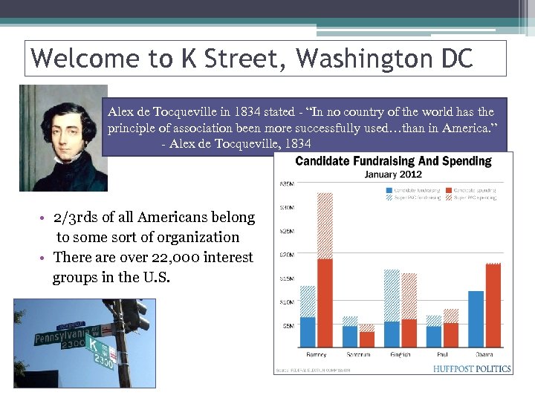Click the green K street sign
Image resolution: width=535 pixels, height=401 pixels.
coord(94,345)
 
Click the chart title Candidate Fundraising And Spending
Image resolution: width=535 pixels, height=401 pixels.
coord(393,161)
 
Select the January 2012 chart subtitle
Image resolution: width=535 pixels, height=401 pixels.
coord(392,175)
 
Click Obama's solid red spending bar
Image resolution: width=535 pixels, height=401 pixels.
coord(493,305)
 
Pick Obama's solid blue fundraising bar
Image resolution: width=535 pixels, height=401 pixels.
coord(476,319)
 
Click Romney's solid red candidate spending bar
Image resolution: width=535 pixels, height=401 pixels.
coord(325,302)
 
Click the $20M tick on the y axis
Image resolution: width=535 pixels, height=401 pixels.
coord(287,255)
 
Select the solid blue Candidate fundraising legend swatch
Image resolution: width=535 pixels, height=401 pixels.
coord(389,191)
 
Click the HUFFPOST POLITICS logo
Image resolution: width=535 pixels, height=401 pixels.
coord(473,368)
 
